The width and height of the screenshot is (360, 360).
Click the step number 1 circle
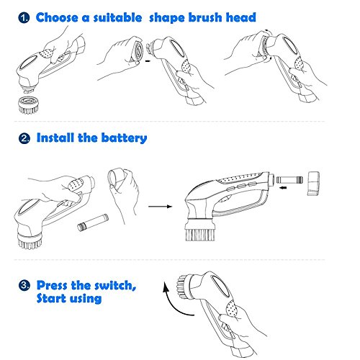coord(24,18)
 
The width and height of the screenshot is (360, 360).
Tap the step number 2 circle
coord(24,138)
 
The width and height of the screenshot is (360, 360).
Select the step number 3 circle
coord(24,285)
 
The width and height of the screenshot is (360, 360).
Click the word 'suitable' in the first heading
coord(117,18)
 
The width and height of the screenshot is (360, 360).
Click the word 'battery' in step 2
coord(124,138)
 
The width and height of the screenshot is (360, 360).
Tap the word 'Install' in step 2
coord(55,138)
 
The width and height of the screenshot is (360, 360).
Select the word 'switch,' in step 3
coord(115,286)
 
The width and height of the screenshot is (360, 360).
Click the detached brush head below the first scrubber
coord(28,104)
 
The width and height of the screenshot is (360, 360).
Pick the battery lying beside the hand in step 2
coord(93,222)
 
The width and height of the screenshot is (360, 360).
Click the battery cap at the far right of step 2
coord(313,184)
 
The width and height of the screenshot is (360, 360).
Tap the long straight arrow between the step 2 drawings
coord(160,207)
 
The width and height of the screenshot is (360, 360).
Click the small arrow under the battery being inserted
coord(283,187)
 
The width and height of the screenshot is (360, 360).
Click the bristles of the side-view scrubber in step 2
coord(200,235)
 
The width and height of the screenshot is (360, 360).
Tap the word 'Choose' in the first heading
coord(57,17)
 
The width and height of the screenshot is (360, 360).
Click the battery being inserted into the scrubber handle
coord(289,179)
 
